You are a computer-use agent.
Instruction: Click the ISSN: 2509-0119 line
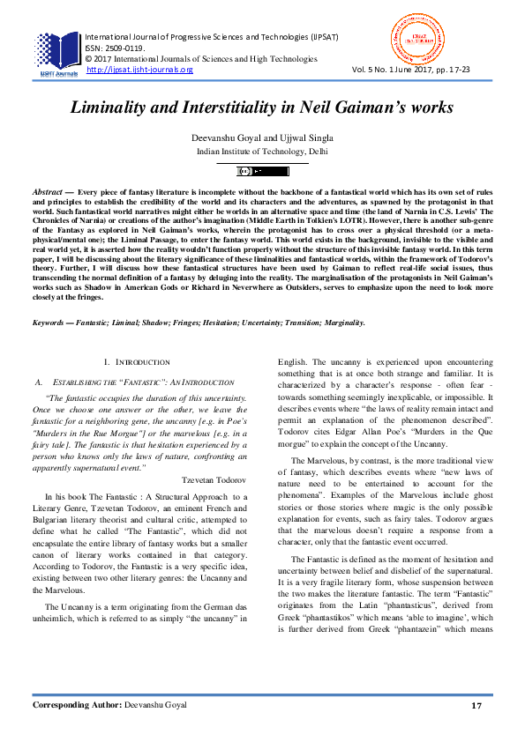tap(116, 48)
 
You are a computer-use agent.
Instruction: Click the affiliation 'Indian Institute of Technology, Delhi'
tap(262, 152)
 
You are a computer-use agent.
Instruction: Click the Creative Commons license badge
tap(262, 171)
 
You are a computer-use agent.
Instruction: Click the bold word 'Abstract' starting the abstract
tap(48, 191)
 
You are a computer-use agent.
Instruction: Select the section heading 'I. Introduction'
tap(137, 362)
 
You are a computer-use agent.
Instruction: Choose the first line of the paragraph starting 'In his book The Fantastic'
tap(146, 498)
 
